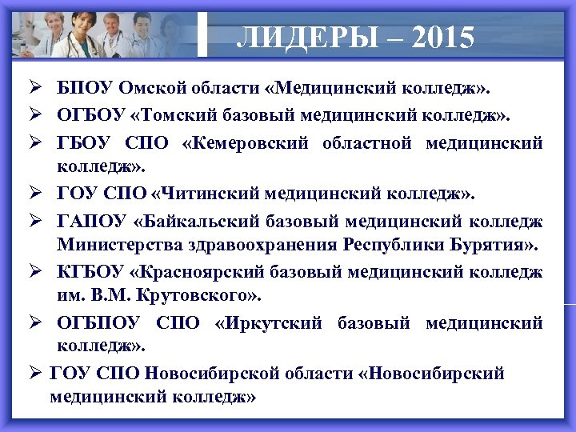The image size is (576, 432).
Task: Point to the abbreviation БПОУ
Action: pyautogui.click(x=86, y=86)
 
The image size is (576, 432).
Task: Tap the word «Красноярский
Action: pyautogui.click(x=199, y=271)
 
